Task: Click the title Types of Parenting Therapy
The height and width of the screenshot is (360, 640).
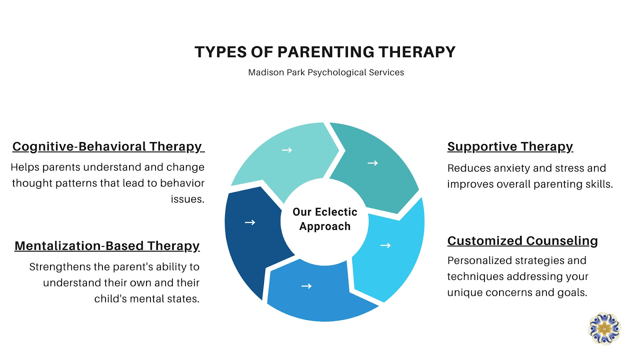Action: pos(325,52)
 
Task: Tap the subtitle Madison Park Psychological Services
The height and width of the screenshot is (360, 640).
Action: pos(326,72)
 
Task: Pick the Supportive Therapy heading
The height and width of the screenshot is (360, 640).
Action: pos(510,147)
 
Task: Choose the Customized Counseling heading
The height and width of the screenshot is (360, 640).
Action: pos(522,240)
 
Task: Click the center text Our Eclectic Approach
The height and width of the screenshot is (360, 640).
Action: pos(325,219)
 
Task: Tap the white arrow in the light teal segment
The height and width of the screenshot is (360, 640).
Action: pos(287,150)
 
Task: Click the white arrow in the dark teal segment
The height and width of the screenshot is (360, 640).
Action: pos(372,163)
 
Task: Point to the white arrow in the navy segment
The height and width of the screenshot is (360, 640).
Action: pos(250,222)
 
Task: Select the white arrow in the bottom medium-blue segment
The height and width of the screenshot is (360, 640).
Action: pos(306,286)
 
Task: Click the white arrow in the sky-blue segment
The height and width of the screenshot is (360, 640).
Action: pos(386,245)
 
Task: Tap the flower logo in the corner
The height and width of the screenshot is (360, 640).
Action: pos(604,328)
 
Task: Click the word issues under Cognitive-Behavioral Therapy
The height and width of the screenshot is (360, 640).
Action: pos(188,199)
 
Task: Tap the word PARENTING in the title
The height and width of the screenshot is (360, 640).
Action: pos(325,52)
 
